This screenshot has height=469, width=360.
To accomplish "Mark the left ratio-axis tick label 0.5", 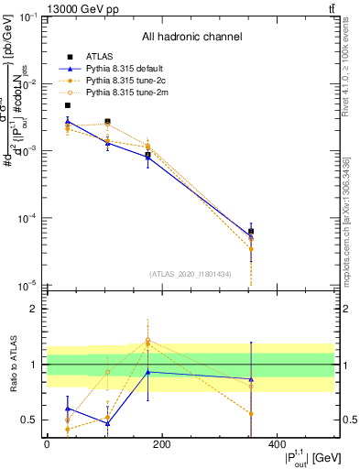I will click(x=29, y=420).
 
